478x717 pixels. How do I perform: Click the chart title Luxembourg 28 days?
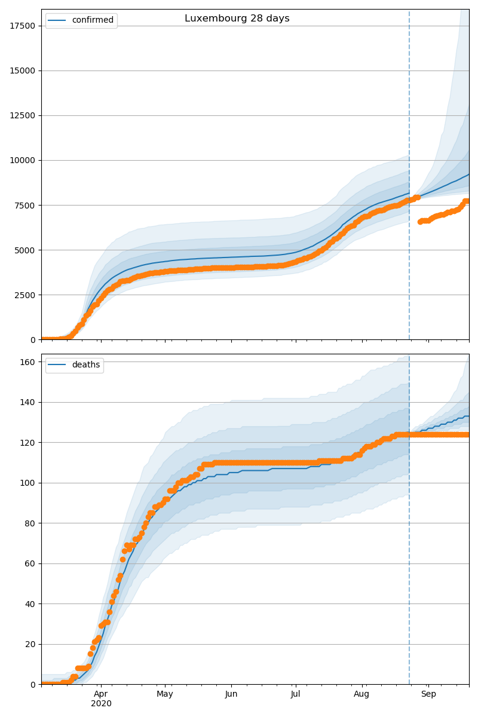click(x=237, y=19)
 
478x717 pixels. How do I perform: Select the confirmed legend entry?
click(x=81, y=20)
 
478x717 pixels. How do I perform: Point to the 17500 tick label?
click(x=23, y=26)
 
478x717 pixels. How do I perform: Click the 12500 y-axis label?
click(x=23, y=115)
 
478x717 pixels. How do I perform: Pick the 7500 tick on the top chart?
click(x=24, y=205)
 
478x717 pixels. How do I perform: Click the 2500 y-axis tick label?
click(x=24, y=295)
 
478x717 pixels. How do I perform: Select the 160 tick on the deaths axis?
click(x=27, y=362)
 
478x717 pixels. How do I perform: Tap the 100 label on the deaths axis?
click(x=27, y=483)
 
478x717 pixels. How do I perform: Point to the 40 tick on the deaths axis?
click(x=30, y=604)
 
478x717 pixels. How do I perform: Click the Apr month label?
click(x=101, y=694)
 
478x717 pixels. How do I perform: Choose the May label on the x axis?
click(x=165, y=694)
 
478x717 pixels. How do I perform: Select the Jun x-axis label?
click(x=231, y=694)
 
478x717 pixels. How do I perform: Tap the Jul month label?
click(x=295, y=694)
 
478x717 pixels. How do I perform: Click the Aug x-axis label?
click(x=361, y=694)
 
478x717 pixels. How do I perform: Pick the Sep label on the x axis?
click(x=428, y=694)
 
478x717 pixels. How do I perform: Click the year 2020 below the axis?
click(x=101, y=704)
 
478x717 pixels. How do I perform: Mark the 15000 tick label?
click(x=23, y=71)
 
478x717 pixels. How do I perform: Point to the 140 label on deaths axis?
click(x=27, y=402)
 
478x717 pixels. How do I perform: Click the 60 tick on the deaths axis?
click(x=30, y=563)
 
